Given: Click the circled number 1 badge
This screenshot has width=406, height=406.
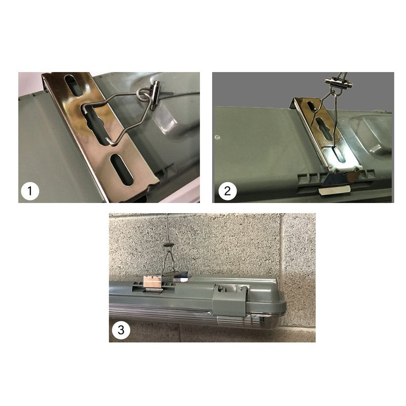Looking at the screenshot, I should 30,191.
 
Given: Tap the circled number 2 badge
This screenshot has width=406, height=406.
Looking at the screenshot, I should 227,191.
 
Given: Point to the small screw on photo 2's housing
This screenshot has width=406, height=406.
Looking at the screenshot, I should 217,136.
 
